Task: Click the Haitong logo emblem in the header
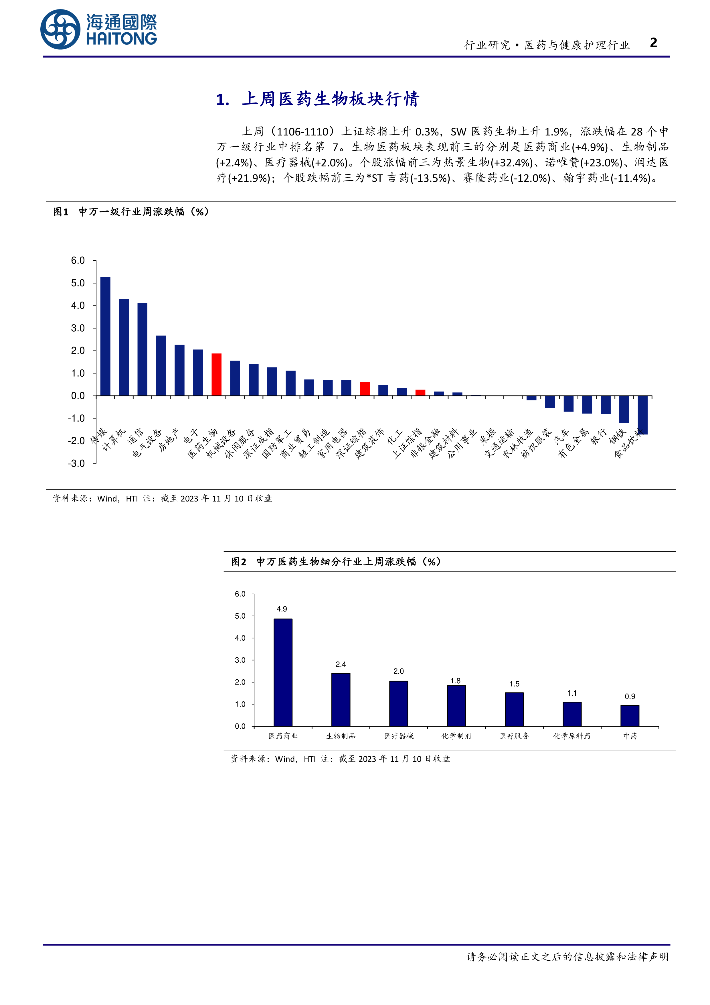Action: [60, 29]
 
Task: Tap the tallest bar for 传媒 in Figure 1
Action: [105, 336]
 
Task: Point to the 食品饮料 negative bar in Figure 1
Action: [643, 415]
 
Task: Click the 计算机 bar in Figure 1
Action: [124, 347]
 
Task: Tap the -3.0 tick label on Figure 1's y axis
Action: [77, 463]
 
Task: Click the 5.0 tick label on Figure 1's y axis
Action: [78, 283]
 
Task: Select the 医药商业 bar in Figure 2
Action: [283, 672]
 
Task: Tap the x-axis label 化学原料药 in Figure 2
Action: [572, 736]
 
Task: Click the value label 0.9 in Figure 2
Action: [630, 697]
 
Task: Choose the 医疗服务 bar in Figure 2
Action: [514, 709]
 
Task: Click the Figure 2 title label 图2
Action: [239, 562]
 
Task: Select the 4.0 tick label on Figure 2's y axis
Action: [240, 638]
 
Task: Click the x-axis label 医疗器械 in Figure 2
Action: [399, 736]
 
